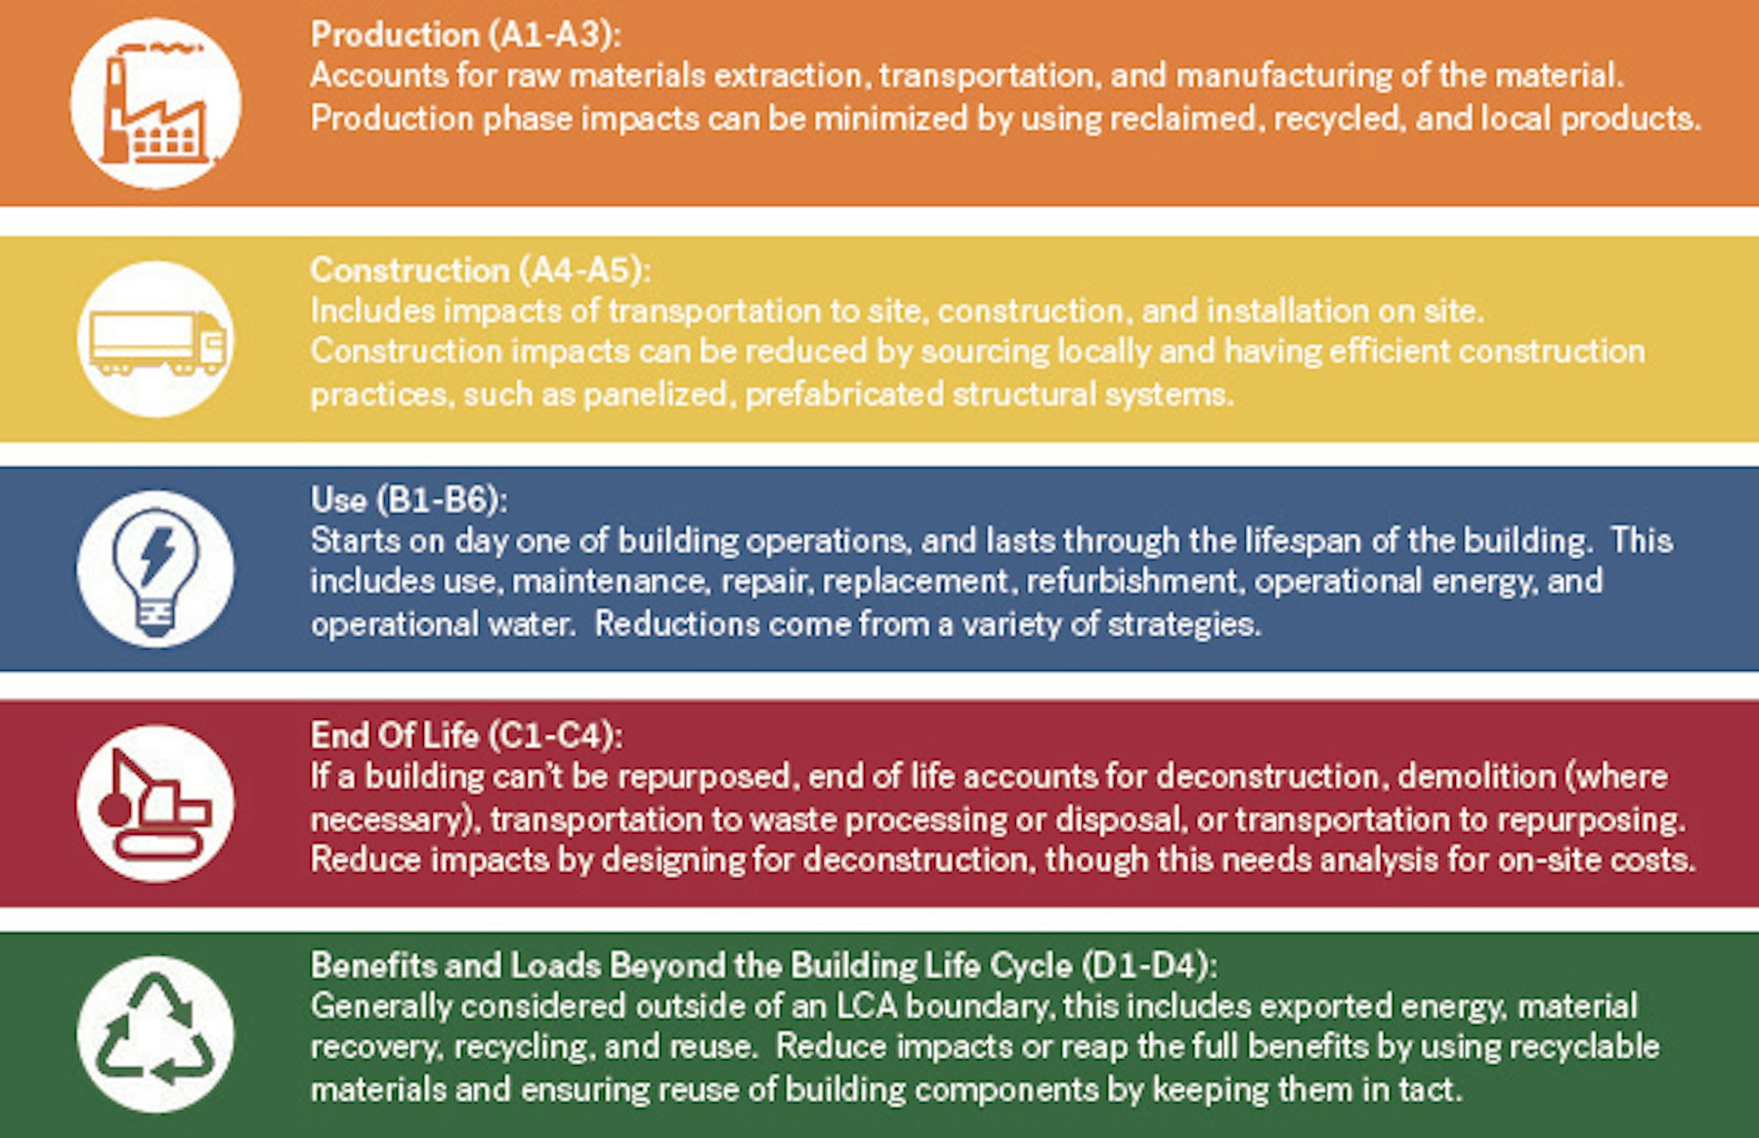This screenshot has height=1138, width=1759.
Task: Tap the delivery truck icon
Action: (x=157, y=342)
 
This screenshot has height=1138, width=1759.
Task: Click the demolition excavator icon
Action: (x=155, y=804)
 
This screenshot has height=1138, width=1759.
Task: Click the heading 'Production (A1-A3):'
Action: (x=465, y=34)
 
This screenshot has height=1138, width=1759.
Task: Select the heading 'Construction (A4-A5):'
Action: (x=480, y=270)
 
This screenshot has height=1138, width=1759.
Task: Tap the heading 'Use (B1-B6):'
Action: (x=408, y=499)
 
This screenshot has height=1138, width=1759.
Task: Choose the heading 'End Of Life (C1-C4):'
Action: (x=466, y=735)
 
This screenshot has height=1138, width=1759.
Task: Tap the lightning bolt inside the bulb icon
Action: (x=156, y=556)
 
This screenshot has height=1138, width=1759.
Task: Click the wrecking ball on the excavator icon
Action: (x=113, y=810)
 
